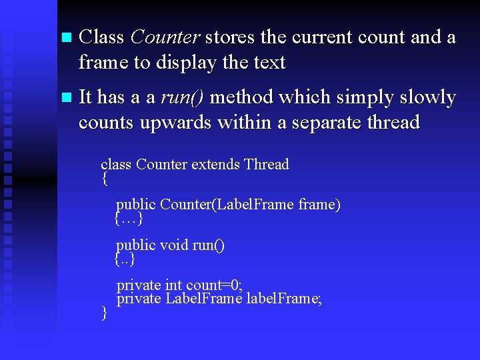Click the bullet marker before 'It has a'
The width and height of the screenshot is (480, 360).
tap(64, 98)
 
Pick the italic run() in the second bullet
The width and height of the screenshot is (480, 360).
tap(183, 97)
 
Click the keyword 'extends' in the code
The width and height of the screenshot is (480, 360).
tap(215, 165)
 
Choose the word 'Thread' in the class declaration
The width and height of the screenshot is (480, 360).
tap(267, 165)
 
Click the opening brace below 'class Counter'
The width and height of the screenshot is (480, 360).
tap(105, 179)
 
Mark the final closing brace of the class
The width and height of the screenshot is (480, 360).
tap(104, 313)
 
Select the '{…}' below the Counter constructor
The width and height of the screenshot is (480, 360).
tap(129, 218)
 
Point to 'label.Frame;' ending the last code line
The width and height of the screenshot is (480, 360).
tap(284, 299)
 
